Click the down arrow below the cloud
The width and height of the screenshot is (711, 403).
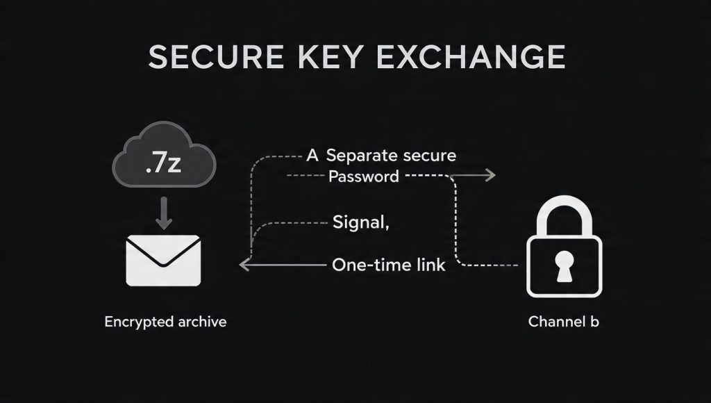[164, 213]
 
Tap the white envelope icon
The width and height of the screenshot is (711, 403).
[163, 261]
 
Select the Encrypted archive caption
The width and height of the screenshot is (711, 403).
[165, 322]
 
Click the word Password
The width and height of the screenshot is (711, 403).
[364, 176]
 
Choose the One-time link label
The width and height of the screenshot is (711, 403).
[389, 265]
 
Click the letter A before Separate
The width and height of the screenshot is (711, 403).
[312, 156]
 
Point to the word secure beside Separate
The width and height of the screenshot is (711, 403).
[427, 156]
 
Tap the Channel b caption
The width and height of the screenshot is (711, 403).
[563, 322]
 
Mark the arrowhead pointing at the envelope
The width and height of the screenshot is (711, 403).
[243, 265]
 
